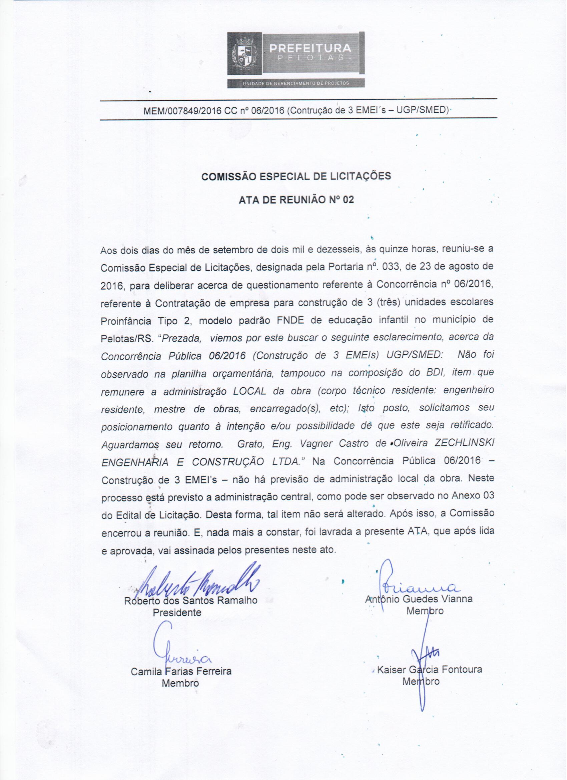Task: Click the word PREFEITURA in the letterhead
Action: [310, 48]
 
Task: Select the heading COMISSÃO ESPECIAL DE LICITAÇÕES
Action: [296, 176]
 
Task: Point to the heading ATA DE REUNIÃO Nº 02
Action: [296, 200]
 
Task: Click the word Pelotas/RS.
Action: [126, 339]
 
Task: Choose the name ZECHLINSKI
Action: [464, 443]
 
